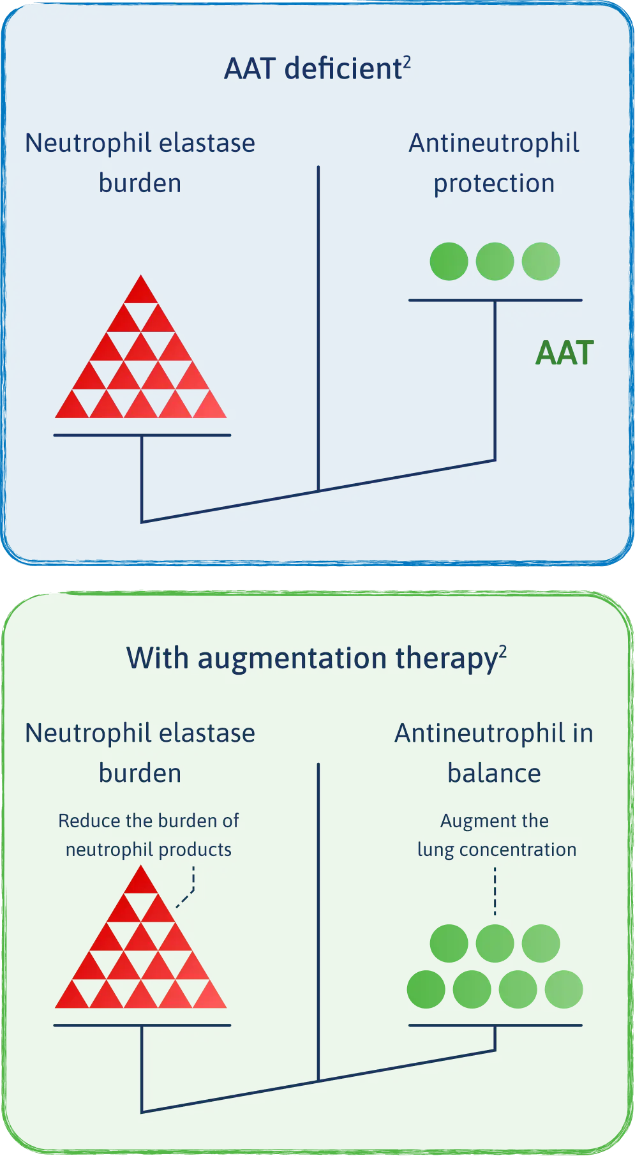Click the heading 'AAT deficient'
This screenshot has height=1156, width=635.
[x=312, y=69]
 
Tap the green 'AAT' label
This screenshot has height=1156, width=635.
[x=565, y=353]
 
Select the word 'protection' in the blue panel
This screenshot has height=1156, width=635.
[x=494, y=183]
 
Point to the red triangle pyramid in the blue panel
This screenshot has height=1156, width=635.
[x=141, y=357]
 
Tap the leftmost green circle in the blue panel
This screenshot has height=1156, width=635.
[x=449, y=261]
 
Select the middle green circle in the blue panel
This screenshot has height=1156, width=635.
[x=495, y=261]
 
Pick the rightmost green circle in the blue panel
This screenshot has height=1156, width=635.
[x=541, y=261]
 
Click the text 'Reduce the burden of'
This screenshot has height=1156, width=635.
[x=148, y=821]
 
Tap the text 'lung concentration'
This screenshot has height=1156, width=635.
[x=497, y=850]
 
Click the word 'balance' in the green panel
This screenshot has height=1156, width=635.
[x=494, y=774]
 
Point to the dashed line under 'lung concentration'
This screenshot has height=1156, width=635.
[x=495, y=891]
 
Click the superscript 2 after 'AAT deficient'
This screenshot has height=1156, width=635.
[x=407, y=62]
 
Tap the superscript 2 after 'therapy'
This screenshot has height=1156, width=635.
[x=503, y=652]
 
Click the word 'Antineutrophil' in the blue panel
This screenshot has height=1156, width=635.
[x=494, y=143]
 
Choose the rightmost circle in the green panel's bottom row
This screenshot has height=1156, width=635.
[x=564, y=989]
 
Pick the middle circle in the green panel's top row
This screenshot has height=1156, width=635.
[x=495, y=943]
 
